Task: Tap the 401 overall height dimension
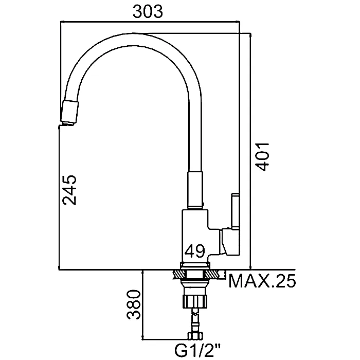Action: (x=262, y=157)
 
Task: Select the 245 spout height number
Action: (x=69, y=190)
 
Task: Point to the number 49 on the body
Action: (x=195, y=251)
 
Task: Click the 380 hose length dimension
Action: (x=134, y=304)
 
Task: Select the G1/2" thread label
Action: (x=197, y=350)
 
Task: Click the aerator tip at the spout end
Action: (x=69, y=113)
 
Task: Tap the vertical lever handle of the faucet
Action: (x=236, y=211)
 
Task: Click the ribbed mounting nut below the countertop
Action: (x=195, y=301)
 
